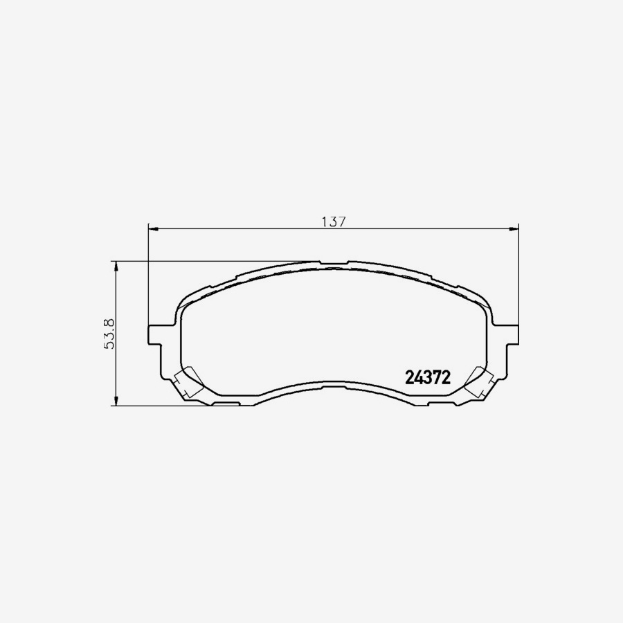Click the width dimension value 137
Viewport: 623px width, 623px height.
click(333, 222)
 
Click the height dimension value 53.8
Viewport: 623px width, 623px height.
click(108, 332)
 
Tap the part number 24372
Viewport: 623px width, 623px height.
click(427, 378)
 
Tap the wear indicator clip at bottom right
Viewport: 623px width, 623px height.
click(479, 384)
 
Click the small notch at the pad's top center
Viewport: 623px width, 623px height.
click(334, 264)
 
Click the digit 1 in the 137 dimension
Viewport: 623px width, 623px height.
click(324, 222)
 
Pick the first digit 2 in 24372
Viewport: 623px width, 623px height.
click(409, 378)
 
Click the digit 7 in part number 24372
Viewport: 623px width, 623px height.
click(436, 378)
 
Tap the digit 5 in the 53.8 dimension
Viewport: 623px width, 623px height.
click(108, 344)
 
